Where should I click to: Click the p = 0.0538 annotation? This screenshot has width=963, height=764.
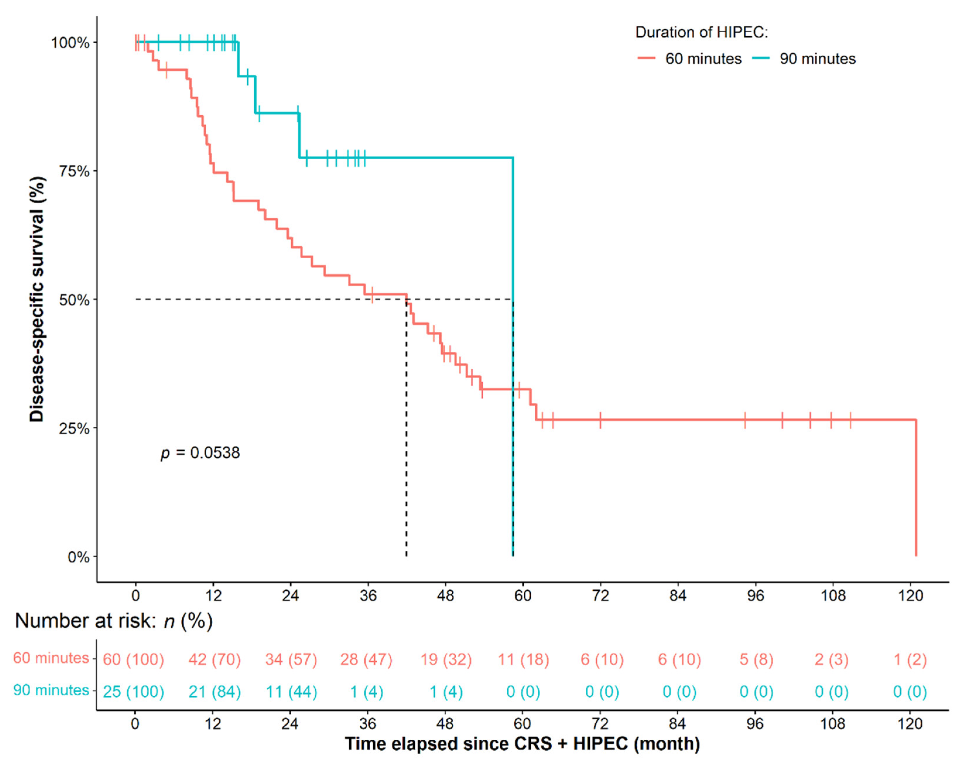(200, 453)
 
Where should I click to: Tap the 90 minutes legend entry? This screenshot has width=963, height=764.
(804, 59)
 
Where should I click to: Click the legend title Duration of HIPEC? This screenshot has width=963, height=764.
(702, 32)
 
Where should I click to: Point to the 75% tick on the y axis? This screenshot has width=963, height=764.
(74, 171)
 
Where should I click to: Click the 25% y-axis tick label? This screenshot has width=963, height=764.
(74, 428)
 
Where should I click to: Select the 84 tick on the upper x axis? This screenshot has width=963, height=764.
(678, 596)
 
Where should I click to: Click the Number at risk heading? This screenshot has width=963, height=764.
(114, 621)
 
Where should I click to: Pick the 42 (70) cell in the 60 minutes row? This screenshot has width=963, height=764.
(214, 659)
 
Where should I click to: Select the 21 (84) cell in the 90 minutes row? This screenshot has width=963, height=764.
(214, 692)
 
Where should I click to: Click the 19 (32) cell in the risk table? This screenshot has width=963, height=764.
(446, 659)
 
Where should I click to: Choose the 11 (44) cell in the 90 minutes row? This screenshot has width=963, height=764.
(291, 692)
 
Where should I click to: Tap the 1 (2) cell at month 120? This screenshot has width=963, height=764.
(910, 659)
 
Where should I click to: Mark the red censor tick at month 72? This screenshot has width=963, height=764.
(600, 420)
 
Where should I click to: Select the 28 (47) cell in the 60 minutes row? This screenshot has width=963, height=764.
(366, 659)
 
